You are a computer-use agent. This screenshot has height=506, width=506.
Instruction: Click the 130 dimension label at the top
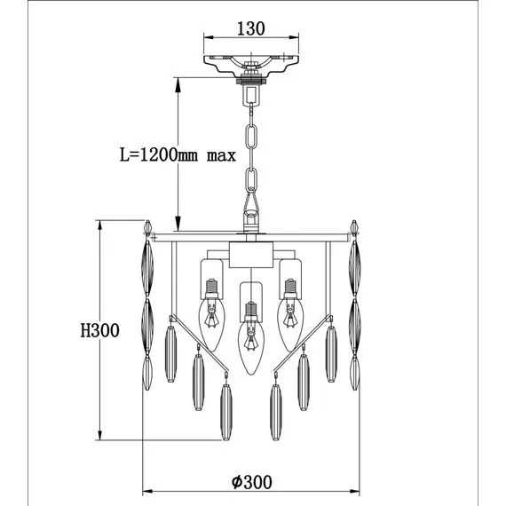(x=251, y=28)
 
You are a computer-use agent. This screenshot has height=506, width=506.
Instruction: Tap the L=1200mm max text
(x=178, y=154)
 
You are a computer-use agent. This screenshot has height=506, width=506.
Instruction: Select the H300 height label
(x=99, y=330)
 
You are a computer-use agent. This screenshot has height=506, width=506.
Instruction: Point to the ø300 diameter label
(x=252, y=482)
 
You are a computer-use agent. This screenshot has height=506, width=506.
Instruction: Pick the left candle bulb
(x=211, y=324)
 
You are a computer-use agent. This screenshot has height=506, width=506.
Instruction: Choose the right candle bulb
(x=290, y=324)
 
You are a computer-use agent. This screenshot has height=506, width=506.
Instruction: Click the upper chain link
(x=251, y=137)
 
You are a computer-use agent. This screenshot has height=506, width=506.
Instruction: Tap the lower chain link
(x=251, y=181)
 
